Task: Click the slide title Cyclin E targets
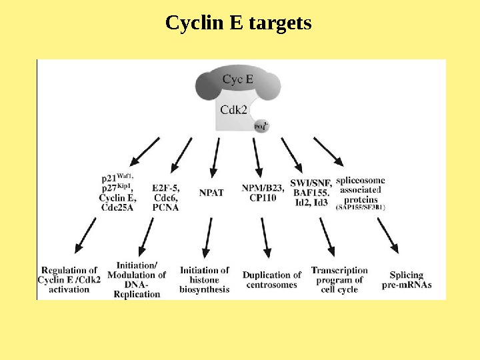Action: pyautogui.click(x=238, y=24)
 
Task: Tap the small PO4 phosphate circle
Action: pyautogui.click(x=261, y=125)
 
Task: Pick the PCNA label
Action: pyautogui.click(x=165, y=207)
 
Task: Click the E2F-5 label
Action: pyautogui.click(x=165, y=188)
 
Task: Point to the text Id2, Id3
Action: pyautogui.click(x=311, y=203)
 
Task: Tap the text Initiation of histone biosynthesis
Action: pyautogui.click(x=204, y=279)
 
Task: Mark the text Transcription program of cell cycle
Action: pyautogui.click(x=339, y=279)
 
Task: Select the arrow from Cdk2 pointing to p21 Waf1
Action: pyautogui.click(x=145, y=151)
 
